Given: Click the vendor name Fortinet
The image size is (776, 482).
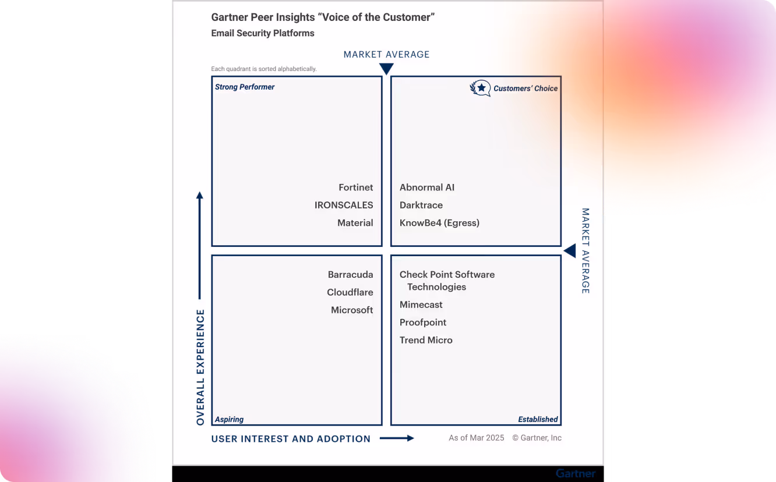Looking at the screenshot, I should click(x=355, y=187).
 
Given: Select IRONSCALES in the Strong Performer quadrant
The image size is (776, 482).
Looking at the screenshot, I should click(x=344, y=205).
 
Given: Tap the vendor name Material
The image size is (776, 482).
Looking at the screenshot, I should click(x=355, y=223).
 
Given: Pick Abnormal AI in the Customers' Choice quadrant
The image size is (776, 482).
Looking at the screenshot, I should click(x=427, y=187).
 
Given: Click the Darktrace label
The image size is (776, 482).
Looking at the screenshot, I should click(x=421, y=205).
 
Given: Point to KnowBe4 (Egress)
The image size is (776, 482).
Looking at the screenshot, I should click(x=439, y=223).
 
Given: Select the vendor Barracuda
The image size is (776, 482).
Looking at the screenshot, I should click(x=350, y=275).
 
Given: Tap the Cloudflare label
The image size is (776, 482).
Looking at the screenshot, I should click(x=350, y=292).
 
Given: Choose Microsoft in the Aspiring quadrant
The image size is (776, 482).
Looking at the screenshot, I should click(x=352, y=310).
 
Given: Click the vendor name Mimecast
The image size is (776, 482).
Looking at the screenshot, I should click(x=421, y=304).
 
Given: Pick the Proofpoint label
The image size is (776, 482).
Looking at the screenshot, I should click(x=423, y=322).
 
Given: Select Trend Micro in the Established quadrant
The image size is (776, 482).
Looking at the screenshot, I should click(x=426, y=340).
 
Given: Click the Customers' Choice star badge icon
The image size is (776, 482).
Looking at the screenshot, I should click(x=480, y=88).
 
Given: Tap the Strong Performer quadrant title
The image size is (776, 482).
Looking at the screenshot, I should click(x=245, y=87).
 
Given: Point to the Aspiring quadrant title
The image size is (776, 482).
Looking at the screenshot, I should click(x=229, y=419).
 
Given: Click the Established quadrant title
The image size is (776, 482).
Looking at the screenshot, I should click(x=538, y=419).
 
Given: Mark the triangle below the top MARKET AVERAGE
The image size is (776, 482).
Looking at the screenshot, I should click(x=386, y=69).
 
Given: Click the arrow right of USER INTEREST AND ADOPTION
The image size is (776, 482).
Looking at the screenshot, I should click(x=397, y=438).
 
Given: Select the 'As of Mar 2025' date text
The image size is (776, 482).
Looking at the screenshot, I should click(x=476, y=438).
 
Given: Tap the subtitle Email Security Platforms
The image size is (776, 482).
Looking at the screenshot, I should click(x=263, y=33).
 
